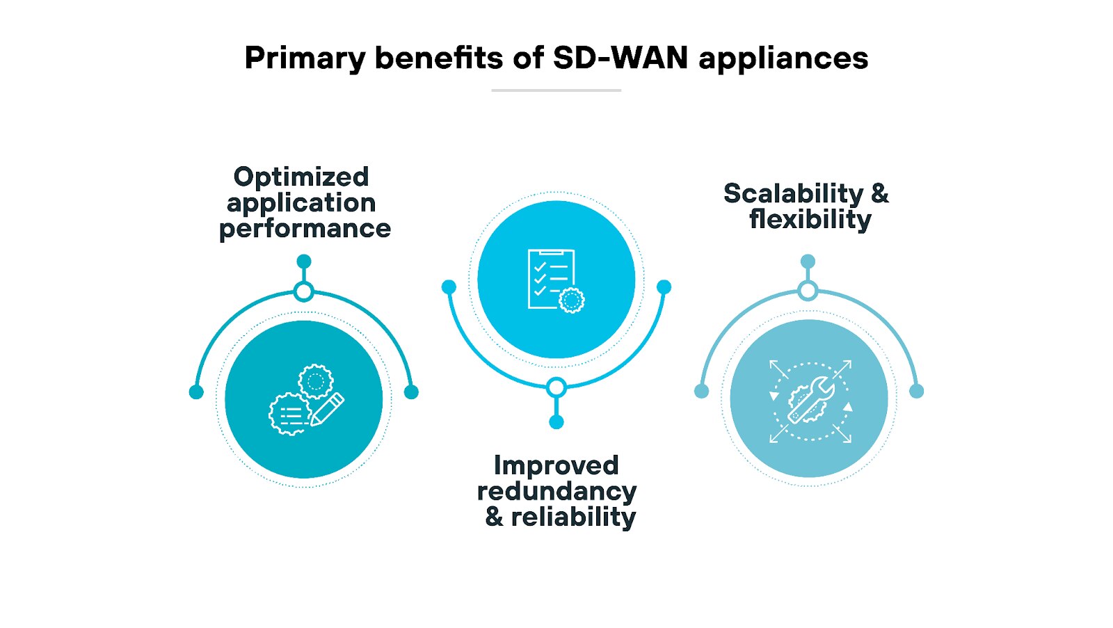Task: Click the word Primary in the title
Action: click(304, 58)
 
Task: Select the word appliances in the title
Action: click(783, 58)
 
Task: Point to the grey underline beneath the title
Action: click(556, 90)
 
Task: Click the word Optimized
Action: click(301, 177)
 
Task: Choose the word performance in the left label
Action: click(305, 229)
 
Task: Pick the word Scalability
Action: click(793, 193)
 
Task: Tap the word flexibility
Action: click(810, 220)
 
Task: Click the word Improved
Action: click(556, 465)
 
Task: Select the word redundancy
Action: click(556, 492)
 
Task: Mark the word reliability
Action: click(573, 517)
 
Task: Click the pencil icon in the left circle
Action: click(327, 409)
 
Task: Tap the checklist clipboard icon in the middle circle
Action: click(552, 278)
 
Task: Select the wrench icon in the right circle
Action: click(811, 401)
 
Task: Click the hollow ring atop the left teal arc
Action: click(304, 291)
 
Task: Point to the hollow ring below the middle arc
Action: click(556, 387)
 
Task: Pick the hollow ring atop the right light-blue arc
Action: click(808, 291)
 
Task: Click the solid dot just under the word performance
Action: click(304, 261)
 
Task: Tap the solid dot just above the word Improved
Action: click(556, 422)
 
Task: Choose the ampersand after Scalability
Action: click(880, 193)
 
